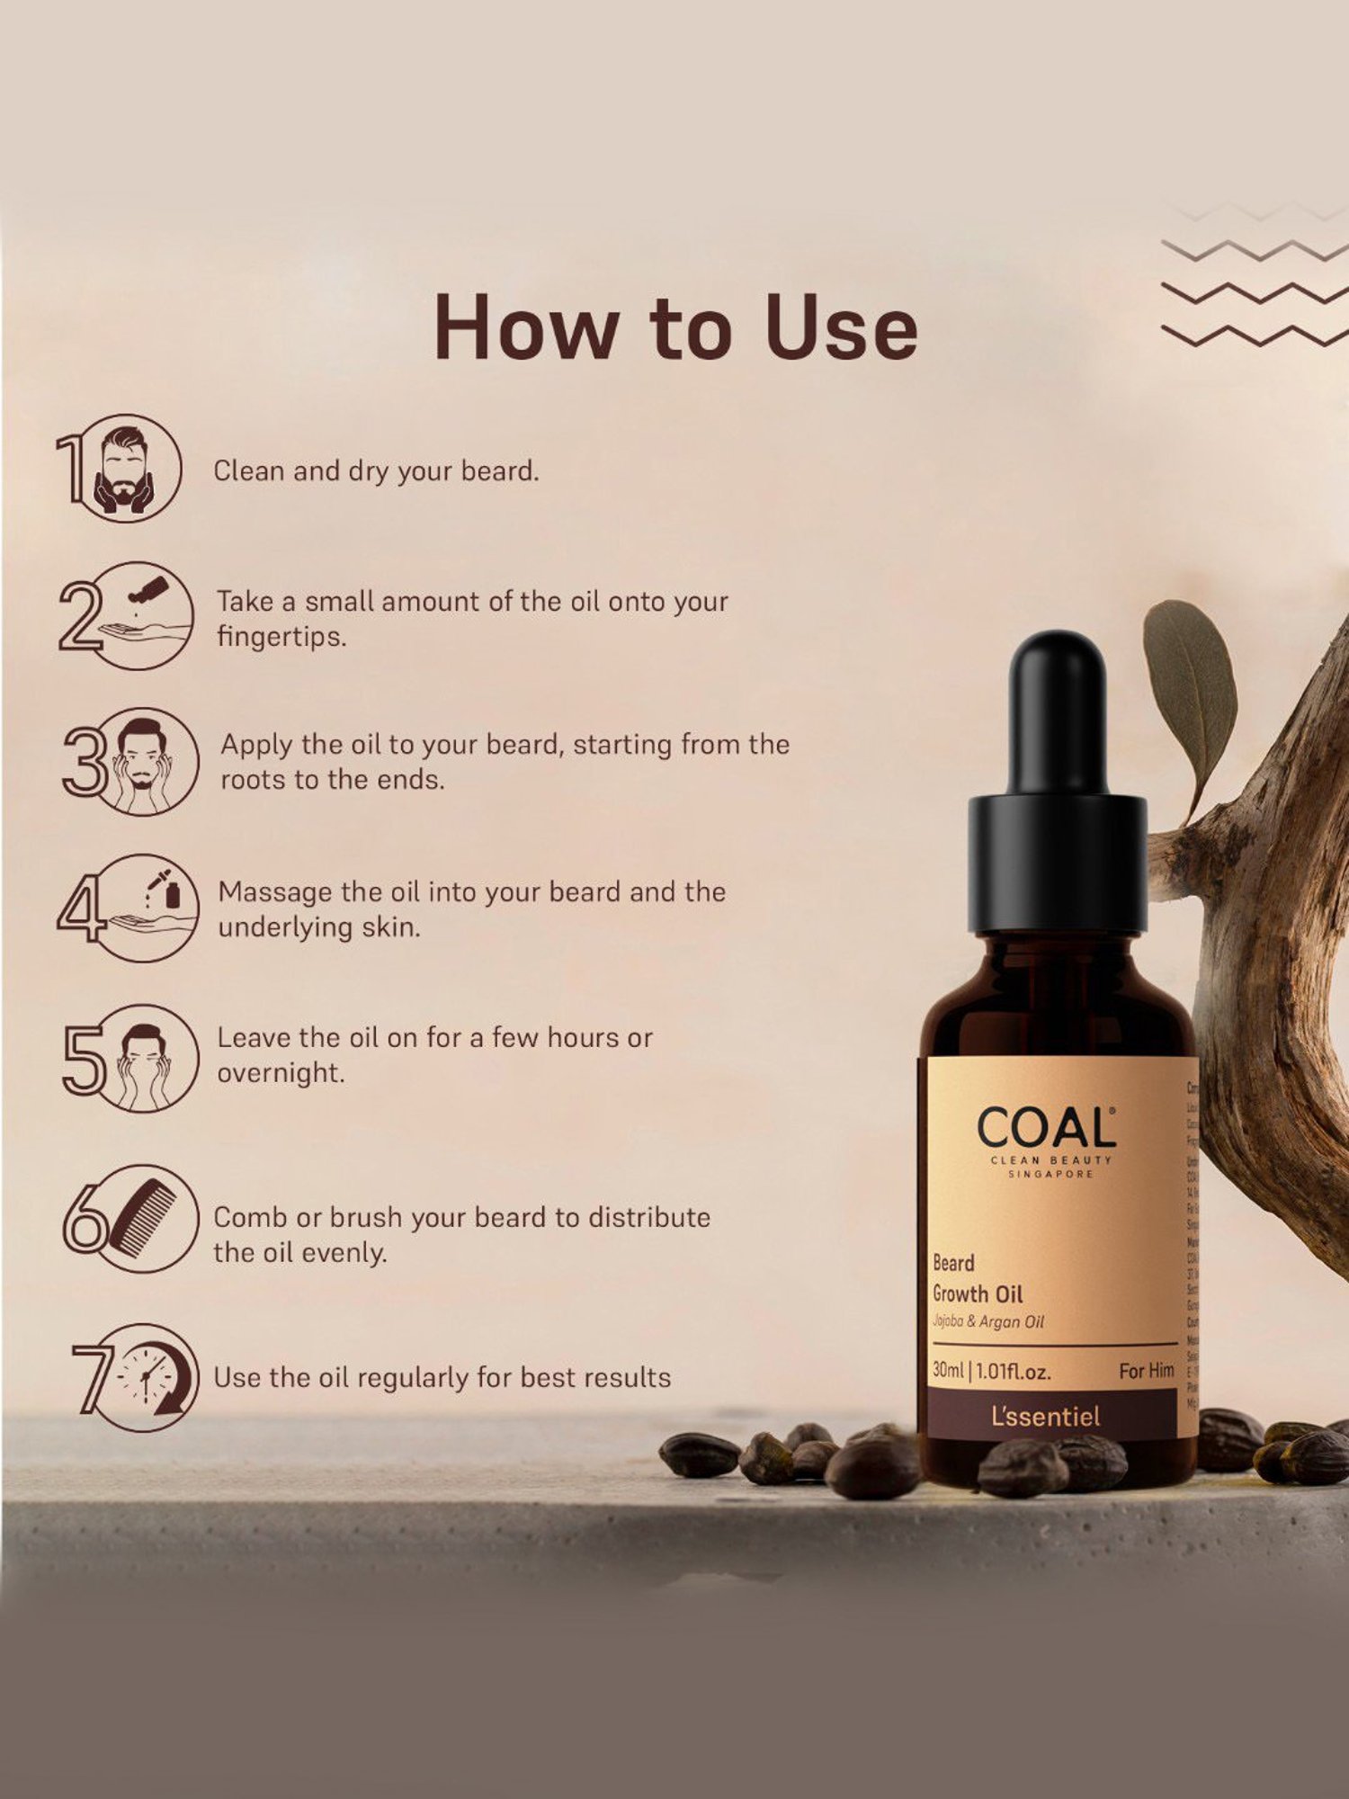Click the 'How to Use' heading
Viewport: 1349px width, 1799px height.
tap(675, 327)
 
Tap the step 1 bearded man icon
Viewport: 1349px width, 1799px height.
tap(125, 470)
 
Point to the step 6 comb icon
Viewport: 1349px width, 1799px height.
tap(144, 1217)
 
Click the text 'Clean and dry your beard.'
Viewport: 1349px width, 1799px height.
tap(376, 471)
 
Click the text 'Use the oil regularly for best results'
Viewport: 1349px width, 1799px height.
tap(442, 1378)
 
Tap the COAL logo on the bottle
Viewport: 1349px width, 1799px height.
tap(1047, 1129)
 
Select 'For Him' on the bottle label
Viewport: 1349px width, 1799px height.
tap(1146, 1371)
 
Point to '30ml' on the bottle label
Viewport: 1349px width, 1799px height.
tap(948, 1370)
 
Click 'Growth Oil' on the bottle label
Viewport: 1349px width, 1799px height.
tap(978, 1294)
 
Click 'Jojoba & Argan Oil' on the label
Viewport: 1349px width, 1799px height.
tap(987, 1321)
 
